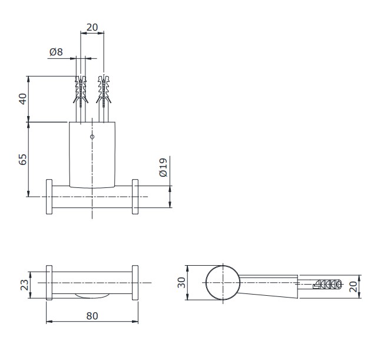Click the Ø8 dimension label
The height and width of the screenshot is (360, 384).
[56, 52]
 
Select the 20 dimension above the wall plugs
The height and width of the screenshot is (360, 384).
[92, 27]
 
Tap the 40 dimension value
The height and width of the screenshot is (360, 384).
[23, 99]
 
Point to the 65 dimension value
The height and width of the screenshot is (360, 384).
[23, 159]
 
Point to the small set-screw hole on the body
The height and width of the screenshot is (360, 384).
[92, 137]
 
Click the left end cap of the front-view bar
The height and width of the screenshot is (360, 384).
[49, 197]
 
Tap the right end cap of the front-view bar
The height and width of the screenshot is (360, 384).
[135, 197]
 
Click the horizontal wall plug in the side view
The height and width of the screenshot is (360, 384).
[326, 284]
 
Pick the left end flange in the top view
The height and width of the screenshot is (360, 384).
[49, 283]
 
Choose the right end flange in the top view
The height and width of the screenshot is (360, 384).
[135, 283]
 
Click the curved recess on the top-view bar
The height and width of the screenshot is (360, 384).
[92, 295]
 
